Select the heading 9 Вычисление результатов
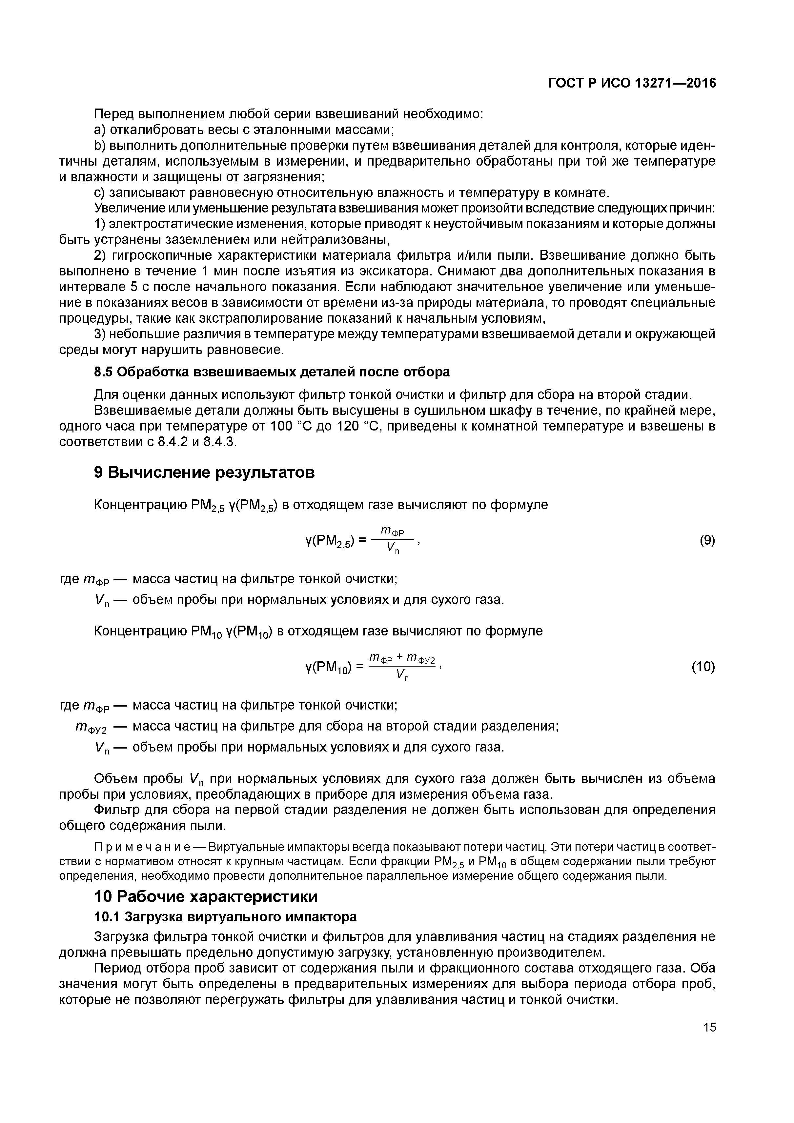coord(205,472)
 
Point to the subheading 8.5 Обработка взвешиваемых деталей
coord(272,372)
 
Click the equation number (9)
coord(707,540)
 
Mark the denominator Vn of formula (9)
coord(393,549)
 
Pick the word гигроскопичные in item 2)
coord(161,255)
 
